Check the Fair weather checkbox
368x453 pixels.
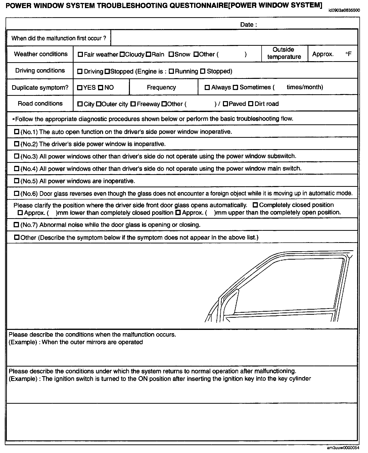pos(80,54)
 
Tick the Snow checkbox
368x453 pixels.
pos(171,54)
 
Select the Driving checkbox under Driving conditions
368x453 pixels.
pos(80,72)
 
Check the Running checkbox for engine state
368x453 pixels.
pos(171,72)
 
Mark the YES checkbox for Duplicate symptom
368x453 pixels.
pos(80,88)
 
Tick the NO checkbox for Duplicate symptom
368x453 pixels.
pos(101,88)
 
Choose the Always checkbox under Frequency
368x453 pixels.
pos(207,87)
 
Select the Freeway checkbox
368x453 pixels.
pos(133,104)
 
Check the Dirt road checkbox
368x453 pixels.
pos(251,104)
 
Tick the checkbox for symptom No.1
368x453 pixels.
pos(17,132)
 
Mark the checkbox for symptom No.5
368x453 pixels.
pos(17,181)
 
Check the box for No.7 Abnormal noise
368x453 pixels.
pos(17,225)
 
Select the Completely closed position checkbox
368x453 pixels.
pos(256,205)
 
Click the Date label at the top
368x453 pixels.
pos(248,25)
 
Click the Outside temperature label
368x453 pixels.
pos(284,53)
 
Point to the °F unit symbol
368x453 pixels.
pos(349,54)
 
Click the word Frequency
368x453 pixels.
pos(161,87)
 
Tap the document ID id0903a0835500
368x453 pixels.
pos(344,11)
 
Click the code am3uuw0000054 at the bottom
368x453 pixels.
pos(343,448)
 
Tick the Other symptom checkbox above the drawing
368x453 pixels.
pos(17,237)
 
